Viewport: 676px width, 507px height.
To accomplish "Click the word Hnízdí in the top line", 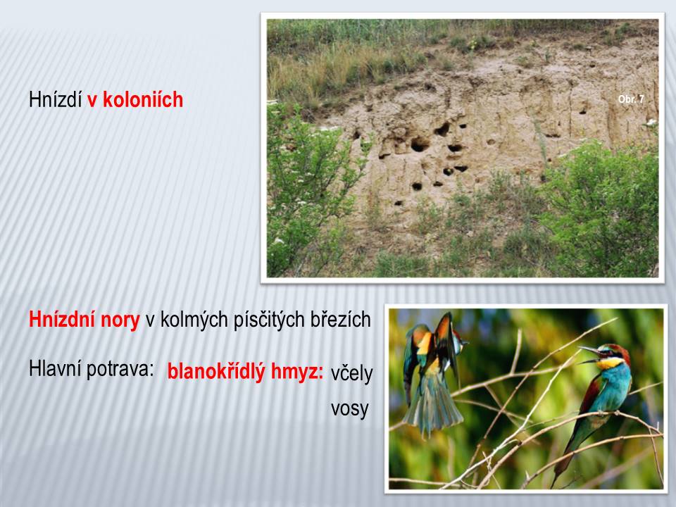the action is coord(55,99).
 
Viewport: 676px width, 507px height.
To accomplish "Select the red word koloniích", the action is coord(143,99).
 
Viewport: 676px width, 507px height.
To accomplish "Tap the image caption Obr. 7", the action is coord(631,99).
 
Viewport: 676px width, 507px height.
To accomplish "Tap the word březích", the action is coord(339,320).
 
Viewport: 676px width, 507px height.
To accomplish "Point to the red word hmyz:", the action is coord(297,372).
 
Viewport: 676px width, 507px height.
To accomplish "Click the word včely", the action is coord(351,373).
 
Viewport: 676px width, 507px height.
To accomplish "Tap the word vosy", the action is coord(350,408).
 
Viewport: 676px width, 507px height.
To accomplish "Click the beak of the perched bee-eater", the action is coord(589,354).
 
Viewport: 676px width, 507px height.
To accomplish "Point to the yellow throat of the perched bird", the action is coord(608,363).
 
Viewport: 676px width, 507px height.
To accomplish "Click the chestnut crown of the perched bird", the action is coord(617,350).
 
